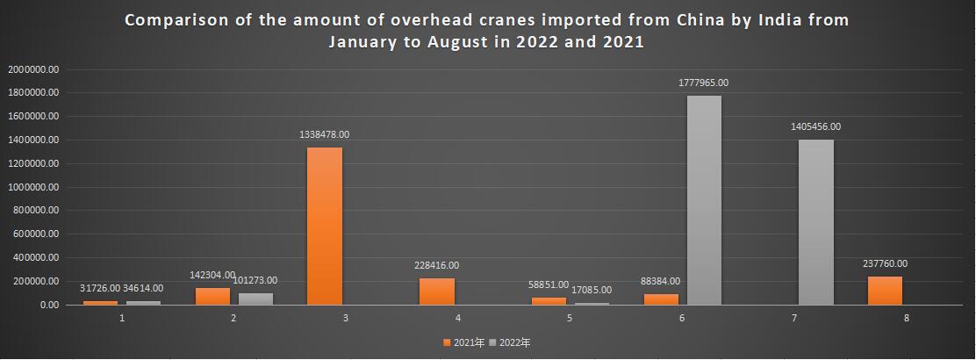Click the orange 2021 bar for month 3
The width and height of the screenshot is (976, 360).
coord(325,227)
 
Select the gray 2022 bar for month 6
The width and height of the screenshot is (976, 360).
coord(704,200)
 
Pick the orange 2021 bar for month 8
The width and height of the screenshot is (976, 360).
coord(885,291)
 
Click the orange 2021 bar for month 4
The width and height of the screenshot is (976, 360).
coord(436,292)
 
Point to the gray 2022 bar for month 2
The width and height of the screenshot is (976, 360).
coord(255,299)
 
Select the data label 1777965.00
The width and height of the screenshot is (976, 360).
coord(703,83)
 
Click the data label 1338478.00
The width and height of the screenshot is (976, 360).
coord(325,134)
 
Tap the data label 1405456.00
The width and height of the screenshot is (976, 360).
coord(815,126)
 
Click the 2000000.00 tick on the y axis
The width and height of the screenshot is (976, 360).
coord(32,68)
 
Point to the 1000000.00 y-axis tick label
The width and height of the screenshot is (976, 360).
coord(32,187)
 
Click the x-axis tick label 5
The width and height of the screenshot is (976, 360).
coord(570,318)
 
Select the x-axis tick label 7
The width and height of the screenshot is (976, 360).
coord(794,318)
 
